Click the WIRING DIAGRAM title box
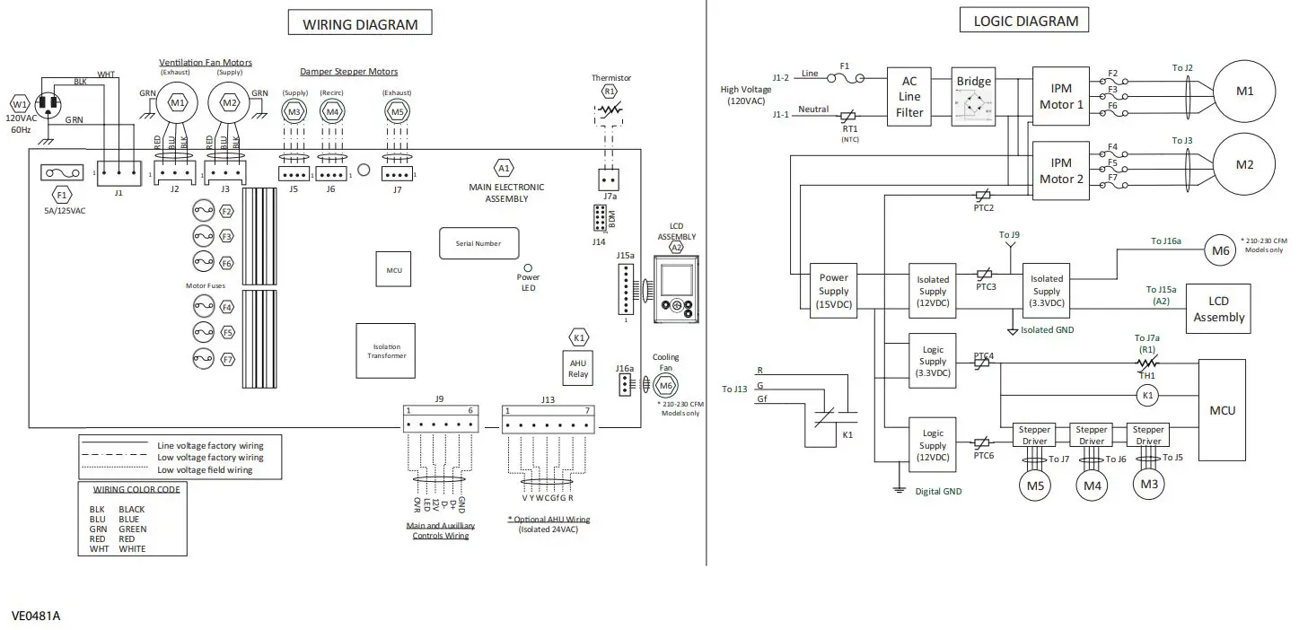359,24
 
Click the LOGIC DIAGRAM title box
1025,21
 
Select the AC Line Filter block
909,97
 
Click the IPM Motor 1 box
1061,97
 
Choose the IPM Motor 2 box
1061,171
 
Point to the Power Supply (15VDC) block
834,291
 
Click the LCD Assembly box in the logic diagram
1218,309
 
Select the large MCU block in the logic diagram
1222,410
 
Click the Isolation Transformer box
387,350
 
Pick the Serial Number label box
478,243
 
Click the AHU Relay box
578,368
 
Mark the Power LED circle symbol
528,267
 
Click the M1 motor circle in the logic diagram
1244,91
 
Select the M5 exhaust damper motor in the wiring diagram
396,111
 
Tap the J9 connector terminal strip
439,423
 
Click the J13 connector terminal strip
548,423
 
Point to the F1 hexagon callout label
61,194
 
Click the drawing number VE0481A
36,617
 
